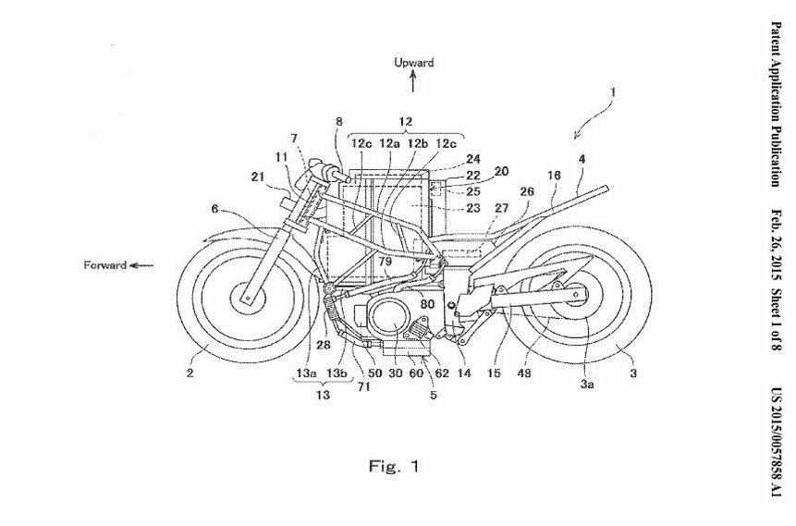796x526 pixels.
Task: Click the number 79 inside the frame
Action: pos(362,263)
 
